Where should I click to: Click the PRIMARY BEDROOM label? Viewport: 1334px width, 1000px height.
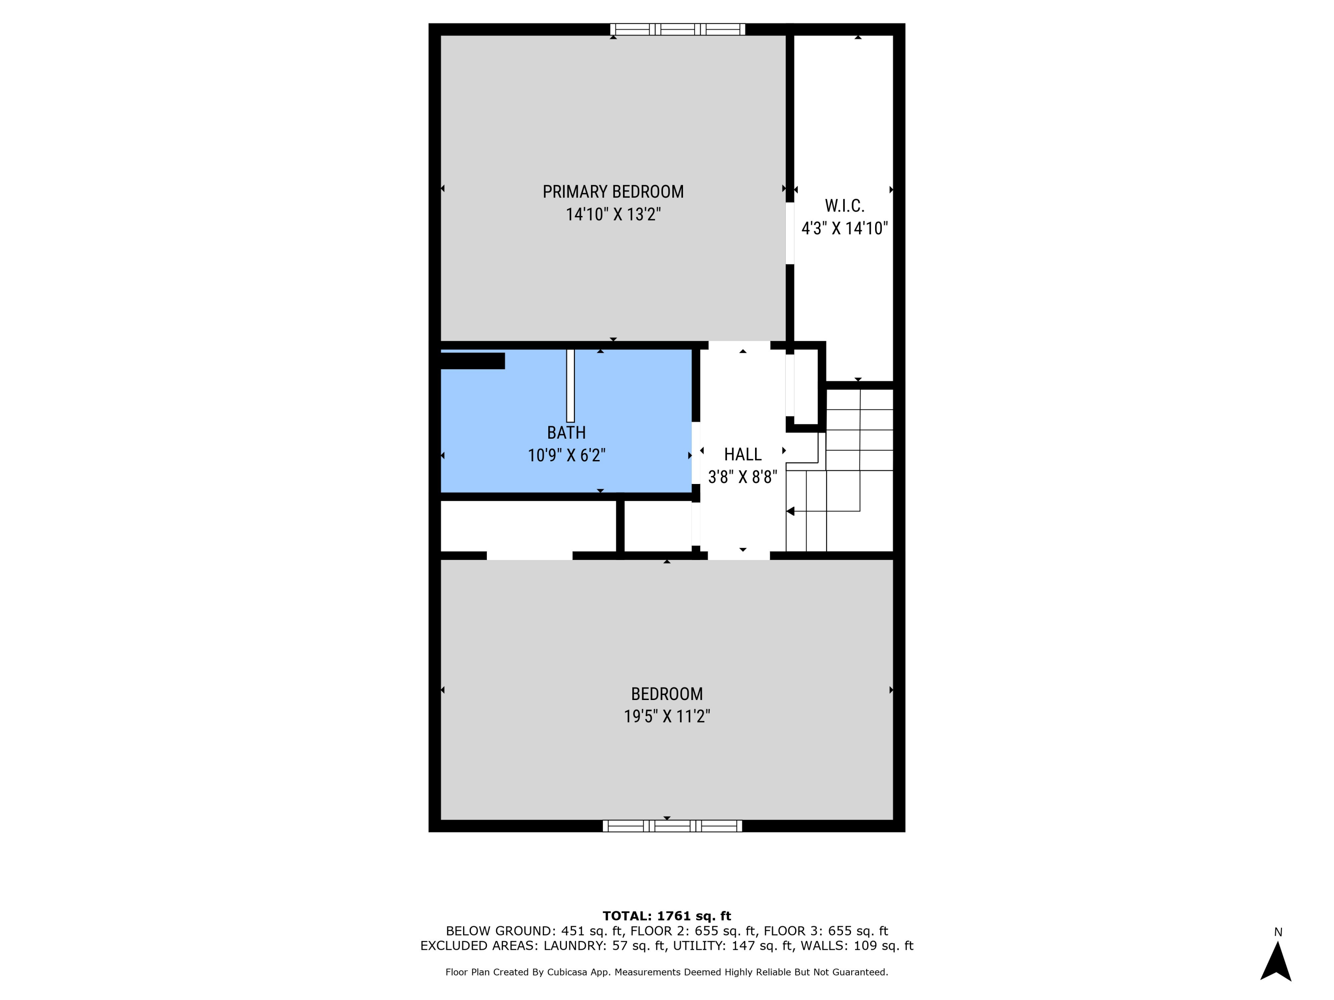(x=613, y=192)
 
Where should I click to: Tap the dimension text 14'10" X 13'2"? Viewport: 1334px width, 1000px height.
(x=613, y=215)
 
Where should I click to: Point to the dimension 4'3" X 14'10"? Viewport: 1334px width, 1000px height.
(x=844, y=228)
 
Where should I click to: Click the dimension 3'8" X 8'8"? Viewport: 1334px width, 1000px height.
(x=743, y=477)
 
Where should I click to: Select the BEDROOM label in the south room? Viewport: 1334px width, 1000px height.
(x=667, y=694)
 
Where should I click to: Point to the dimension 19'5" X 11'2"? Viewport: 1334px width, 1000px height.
(x=667, y=716)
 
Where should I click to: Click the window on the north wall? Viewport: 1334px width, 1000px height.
(x=677, y=29)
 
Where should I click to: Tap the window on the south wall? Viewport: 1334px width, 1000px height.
(x=672, y=826)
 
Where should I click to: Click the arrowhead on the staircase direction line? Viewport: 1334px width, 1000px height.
(x=791, y=511)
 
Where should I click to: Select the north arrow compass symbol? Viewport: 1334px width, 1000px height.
(x=1275, y=961)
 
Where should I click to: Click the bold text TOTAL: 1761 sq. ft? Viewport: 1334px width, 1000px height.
(x=667, y=916)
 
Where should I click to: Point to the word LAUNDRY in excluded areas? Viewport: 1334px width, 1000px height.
(x=574, y=946)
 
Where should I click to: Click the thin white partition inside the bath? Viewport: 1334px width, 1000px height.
(x=570, y=386)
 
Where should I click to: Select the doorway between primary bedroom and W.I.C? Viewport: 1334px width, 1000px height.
(x=789, y=233)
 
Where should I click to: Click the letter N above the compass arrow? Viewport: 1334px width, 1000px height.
(x=1278, y=932)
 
